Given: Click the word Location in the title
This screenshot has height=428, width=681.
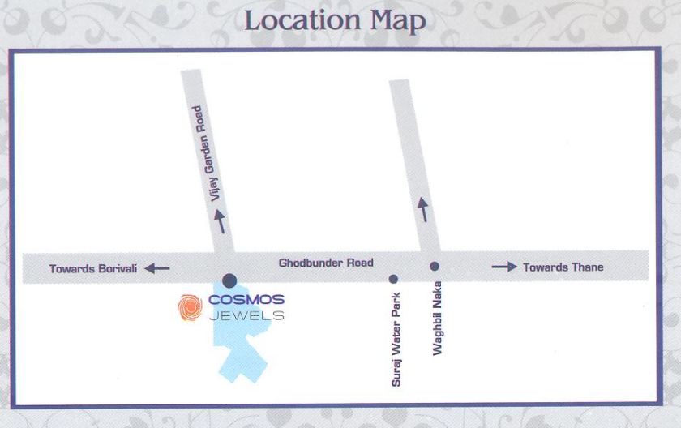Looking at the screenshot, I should click(x=296, y=21).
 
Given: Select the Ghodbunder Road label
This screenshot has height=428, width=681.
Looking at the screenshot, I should click(x=326, y=263).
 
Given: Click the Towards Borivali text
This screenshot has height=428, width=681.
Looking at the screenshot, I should click(x=93, y=268).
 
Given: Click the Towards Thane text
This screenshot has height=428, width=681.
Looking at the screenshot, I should click(x=563, y=267).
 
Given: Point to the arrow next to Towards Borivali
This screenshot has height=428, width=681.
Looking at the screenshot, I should click(x=157, y=268).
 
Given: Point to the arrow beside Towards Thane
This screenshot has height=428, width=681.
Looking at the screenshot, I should click(x=504, y=267).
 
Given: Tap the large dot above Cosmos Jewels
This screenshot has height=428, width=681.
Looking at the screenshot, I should click(x=229, y=280).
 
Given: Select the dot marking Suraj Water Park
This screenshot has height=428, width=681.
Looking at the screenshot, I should click(x=393, y=279).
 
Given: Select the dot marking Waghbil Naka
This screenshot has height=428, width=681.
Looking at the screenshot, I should click(x=435, y=266).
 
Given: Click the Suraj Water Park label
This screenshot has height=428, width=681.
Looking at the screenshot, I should click(x=396, y=339).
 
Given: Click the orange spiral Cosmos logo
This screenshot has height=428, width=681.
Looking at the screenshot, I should click(x=191, y=307).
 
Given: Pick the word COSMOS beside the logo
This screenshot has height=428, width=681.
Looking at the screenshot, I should click(x=246, y=301).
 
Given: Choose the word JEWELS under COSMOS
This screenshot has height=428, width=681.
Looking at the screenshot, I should click(x=246, y=315).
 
